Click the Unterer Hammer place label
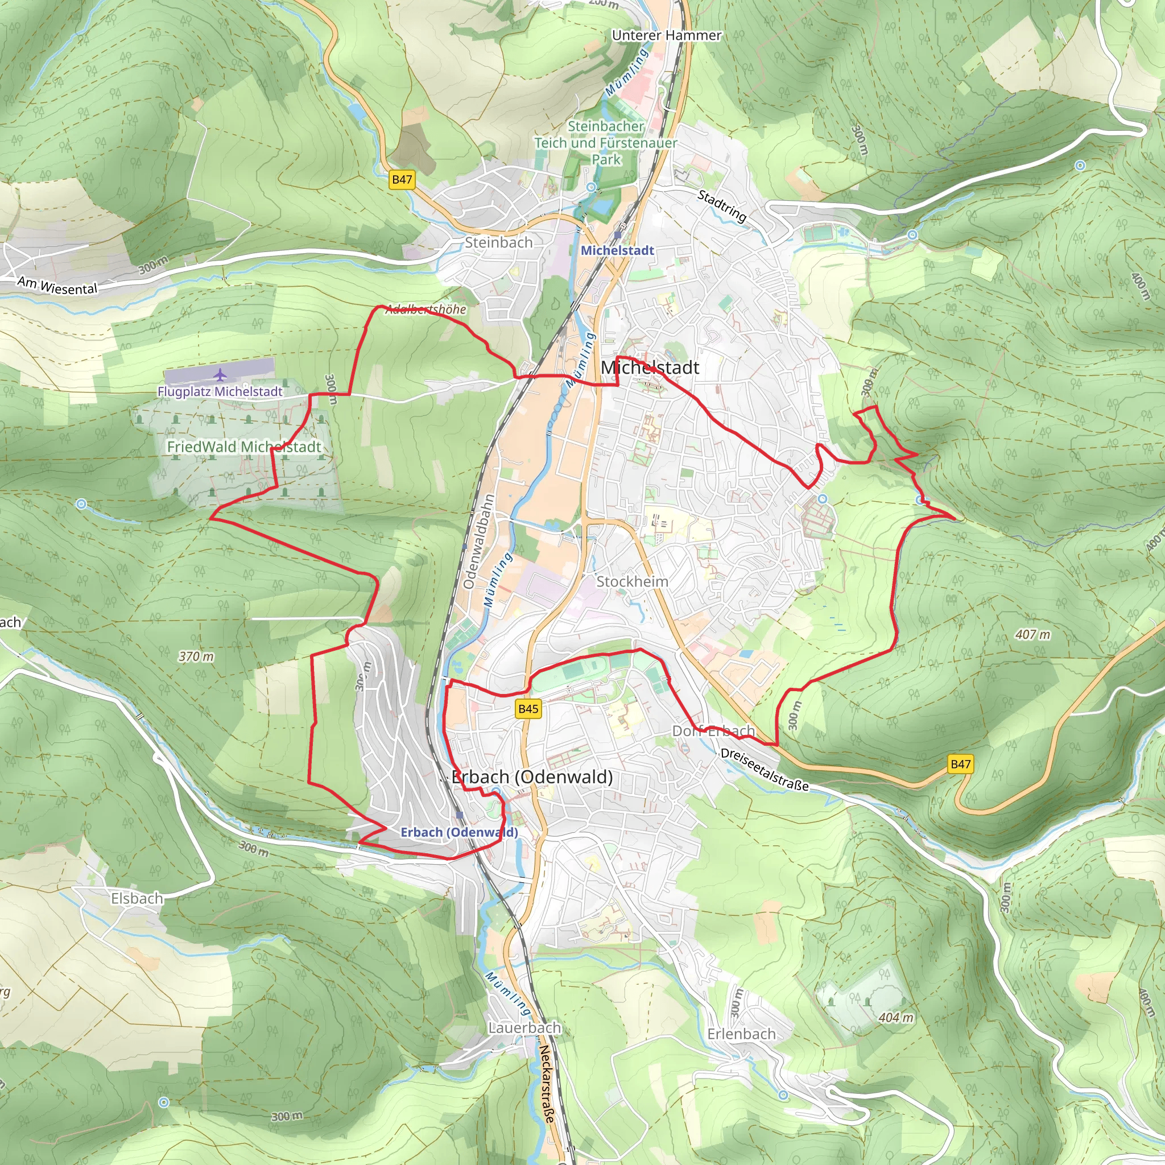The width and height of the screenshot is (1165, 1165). tap(666, 36)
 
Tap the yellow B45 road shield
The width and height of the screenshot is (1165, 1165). tap(528, 709)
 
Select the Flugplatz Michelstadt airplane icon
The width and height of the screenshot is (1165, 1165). tap(221, 374)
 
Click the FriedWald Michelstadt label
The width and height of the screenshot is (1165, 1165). tap(243, 447)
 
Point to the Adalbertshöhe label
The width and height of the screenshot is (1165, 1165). tap(425, 309)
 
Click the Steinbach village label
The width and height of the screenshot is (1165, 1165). tap(499, 242)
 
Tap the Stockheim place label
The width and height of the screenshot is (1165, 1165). tap(632, 581)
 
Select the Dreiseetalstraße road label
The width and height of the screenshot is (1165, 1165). tap(764, 770)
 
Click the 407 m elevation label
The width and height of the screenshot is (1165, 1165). tap(1032, 634)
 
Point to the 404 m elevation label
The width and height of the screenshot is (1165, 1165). tap(896, 1018)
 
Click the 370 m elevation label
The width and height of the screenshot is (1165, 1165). tap(196, 656)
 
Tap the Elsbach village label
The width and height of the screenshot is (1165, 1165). tap(137, 898)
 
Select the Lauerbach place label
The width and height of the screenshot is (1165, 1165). tap(524, 1027)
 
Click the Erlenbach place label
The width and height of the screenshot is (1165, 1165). tap(741, 1034)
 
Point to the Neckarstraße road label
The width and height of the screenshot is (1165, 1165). tap(546, 1084)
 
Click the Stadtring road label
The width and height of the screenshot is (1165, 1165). tap(722, 205)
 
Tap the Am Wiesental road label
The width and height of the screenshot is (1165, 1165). tap(57, 285)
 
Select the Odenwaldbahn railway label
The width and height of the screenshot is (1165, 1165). tap(480, 541)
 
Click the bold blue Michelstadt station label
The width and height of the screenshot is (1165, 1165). tap(617, 250)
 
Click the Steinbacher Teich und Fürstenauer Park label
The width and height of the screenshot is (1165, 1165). tap(605, 143)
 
